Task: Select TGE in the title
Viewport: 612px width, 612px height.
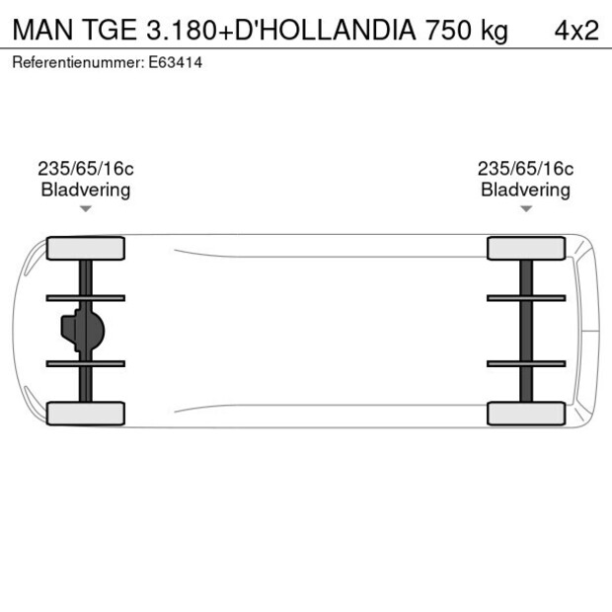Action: tap(111, 30)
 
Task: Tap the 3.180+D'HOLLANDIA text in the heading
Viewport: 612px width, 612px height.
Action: tap(280, 30)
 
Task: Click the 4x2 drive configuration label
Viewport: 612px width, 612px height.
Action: tap(576, 30)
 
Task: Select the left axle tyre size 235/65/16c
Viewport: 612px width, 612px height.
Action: tap(86, 169)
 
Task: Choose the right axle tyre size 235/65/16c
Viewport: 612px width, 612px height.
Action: tap(526, 169)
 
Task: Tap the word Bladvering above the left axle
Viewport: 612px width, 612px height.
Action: tap(86, 190)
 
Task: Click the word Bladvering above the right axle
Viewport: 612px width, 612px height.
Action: tap(526, 190)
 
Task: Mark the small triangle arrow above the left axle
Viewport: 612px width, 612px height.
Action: tap(86, 209)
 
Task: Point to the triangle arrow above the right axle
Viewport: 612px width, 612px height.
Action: tap(526, 209)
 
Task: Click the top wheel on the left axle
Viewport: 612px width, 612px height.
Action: tap(86, 249)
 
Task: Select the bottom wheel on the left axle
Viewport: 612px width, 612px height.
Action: tap(86, 413)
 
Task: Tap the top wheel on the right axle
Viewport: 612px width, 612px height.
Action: tap(526, 249)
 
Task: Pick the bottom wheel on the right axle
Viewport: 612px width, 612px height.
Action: tap(526, 413)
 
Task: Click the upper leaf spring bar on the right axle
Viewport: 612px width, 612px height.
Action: tap(526, 297)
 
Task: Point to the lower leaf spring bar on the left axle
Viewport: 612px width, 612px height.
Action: tap(86, 363)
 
